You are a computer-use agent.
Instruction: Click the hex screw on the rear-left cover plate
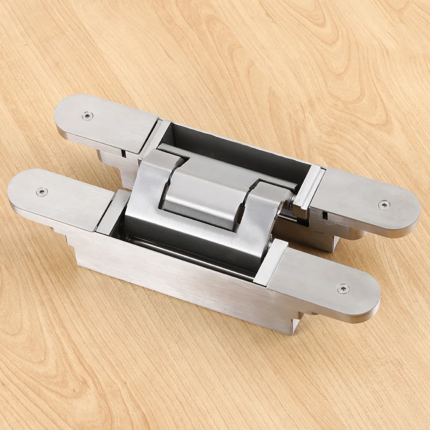pyautogui.click(x=87, y=116)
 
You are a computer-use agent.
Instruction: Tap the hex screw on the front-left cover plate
pyautogui.click(x=41, y=192)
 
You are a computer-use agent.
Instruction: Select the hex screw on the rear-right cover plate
pyautogui.click(x=384, y=205)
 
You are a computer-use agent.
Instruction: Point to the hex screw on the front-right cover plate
pyautogui.click(x=343, y=289)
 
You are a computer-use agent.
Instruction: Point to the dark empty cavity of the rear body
pyautogui.click(x=241, y=155)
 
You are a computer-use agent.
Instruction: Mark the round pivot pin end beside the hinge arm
pyautogui.click(x=292, y=199)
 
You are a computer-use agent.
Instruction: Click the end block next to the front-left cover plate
pyautogui.click(x=110, y=213)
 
